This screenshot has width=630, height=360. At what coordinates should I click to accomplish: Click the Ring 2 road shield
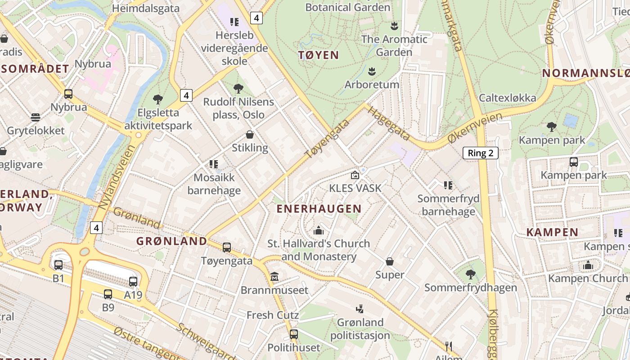pyautogui.click(x=481, y=153)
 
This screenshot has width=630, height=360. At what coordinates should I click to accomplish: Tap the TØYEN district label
pyautogui.click(x=319, y=55)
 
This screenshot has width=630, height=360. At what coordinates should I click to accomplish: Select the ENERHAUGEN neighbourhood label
pyautogui.click(x=319, y=209)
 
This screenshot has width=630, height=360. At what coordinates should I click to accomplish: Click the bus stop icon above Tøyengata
pyautogui.click(x=227, y=247)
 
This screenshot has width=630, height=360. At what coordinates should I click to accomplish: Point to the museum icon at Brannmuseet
pyautogui.click(x=274, y=276)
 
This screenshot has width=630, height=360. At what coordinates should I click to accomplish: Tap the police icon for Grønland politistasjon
pyautogui.click(x=360, y=309)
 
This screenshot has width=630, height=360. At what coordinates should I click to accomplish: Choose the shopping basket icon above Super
pyautogui.click(x=390, y=261)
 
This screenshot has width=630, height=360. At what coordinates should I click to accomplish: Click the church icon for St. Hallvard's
pyautogui.click(x=319, y=230)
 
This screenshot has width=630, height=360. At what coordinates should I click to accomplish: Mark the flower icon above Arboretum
pyautogui.click(x=372, y=71)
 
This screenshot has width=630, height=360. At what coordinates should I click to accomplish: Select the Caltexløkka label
pyautogui.click(x=507, y=98)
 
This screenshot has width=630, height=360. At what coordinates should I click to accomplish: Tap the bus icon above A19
pyautogui.click(x=133, y=282)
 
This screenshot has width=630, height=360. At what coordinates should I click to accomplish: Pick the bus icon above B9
pyautogui.click(x=108, y=294)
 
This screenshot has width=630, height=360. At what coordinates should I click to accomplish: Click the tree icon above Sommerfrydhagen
pyautogui.click(x=470, y=274)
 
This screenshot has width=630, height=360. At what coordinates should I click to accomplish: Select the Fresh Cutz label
pyautogui.click(x=266, y=315)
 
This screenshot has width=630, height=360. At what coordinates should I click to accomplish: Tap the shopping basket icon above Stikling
pyautogui.click(x=250, y=135)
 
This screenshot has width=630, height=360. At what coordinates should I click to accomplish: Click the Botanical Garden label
pyautogui.click(x=347, y=7)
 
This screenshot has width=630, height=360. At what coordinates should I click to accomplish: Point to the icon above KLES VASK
pyautogui.click(x=355, y=175)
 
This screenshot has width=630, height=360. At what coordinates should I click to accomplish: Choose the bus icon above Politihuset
pyautogui.click(x=294, y=334)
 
